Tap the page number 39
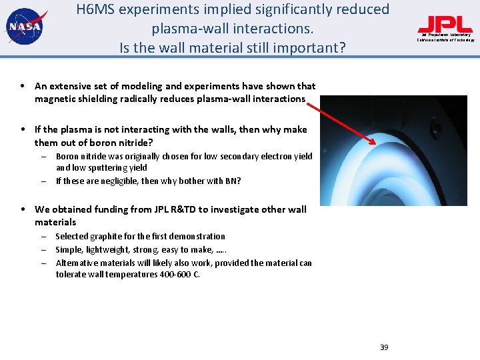click(x=384, y=347)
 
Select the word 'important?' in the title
click(x=313, y=48)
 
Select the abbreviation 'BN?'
click(x=232, y=181)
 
